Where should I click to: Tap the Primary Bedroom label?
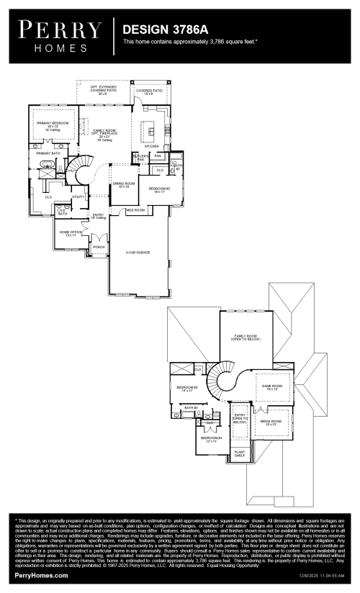[52, 125]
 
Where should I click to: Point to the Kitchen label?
[151, 146]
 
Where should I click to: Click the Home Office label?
[70, 233]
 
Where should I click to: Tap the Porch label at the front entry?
[99, 247]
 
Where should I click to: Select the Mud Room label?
[135, 210]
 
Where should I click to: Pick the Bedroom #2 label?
[157, 190]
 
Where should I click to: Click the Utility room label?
[78, 196]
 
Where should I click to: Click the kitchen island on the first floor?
[150, 131]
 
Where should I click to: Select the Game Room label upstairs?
[271, 387]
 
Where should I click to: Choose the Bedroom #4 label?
[210, 439]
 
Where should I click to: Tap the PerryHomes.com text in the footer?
[41, 576]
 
